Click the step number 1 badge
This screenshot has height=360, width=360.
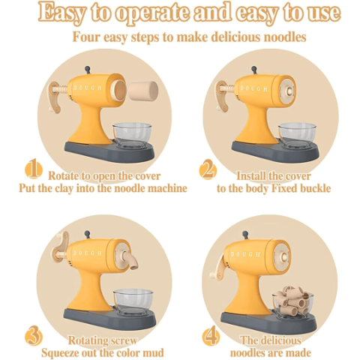click(34, 169)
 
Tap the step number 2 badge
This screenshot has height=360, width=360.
click(208, 170)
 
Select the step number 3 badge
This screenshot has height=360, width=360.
click(34, 336)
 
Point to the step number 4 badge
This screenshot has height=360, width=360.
click(211, 337)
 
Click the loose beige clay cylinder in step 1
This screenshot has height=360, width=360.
click(144, 90)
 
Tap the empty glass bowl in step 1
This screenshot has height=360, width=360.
click(132, 135)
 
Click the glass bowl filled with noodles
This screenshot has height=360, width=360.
click(293, 303)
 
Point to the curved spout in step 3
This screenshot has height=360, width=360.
click(130, 260)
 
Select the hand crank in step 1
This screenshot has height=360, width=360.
click(55, 97)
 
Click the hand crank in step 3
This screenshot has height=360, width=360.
click(62, 247)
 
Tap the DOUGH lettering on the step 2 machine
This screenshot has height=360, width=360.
click(253, 88)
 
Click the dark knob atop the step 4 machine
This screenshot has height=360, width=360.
click(245, 235)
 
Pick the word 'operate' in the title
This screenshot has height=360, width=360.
click(152, 13)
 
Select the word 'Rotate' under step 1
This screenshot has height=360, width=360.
click(63, 175)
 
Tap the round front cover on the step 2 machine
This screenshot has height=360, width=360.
click(288, 91)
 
